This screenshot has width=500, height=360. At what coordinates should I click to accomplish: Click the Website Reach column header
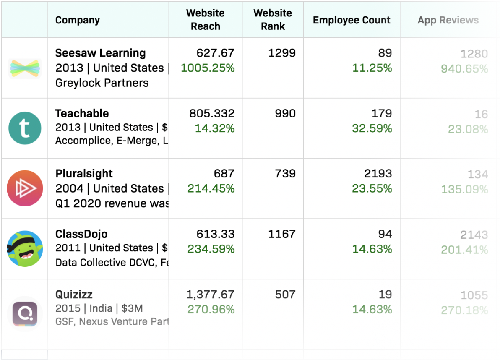point(206,20)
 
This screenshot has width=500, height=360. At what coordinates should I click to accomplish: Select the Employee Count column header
point(352,20)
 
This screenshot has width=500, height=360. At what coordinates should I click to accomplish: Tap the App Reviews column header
point(448,20)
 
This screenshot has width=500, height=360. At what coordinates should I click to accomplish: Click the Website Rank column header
point(273,20)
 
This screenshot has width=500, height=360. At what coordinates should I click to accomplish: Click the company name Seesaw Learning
point(101,53)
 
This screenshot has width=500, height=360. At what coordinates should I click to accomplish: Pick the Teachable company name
point(82,113)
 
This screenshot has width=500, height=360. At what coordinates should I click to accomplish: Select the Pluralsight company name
point(84,174)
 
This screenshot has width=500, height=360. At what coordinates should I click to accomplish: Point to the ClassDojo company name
point(81,234)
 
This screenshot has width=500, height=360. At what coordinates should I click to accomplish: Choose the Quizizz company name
point(74,295)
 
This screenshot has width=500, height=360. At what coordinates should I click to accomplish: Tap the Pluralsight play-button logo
point(25,188)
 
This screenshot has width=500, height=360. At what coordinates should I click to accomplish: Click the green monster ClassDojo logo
point(25,249)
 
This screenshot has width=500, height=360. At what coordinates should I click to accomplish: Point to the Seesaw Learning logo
point(25,68)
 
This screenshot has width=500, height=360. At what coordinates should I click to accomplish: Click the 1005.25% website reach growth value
point(208,68)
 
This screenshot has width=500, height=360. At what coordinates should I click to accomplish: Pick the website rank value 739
point(285,174)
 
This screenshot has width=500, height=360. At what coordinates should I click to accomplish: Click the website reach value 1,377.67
point(211,295)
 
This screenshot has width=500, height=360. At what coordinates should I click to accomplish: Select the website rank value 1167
point(282,234)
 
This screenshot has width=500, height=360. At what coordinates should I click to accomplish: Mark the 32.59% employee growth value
point(372,128)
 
